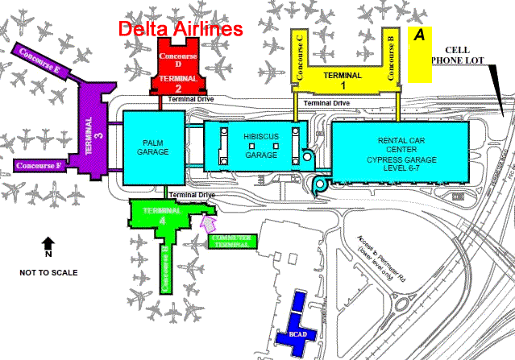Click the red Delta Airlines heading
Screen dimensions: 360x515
tap(181, 28)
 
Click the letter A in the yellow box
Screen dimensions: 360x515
tap(418, 35)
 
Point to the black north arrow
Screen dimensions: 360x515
tap(48, 243)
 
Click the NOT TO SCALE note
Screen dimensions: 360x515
tap(48, 272)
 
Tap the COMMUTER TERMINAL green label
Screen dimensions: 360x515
tap(233, 241)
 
